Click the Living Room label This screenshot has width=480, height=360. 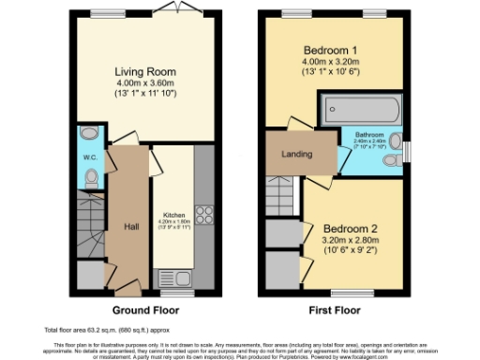pyautogui.click(x=144, y=71)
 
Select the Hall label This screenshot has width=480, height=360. pyautogui.click(x=131, y=226)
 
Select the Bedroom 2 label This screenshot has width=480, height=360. pyautogui.click(x=352, y=228)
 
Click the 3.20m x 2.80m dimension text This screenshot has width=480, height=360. pyautogui.click(x=352, y=241)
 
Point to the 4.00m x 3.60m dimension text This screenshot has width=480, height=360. pyautogui.click(x=144, y=83)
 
